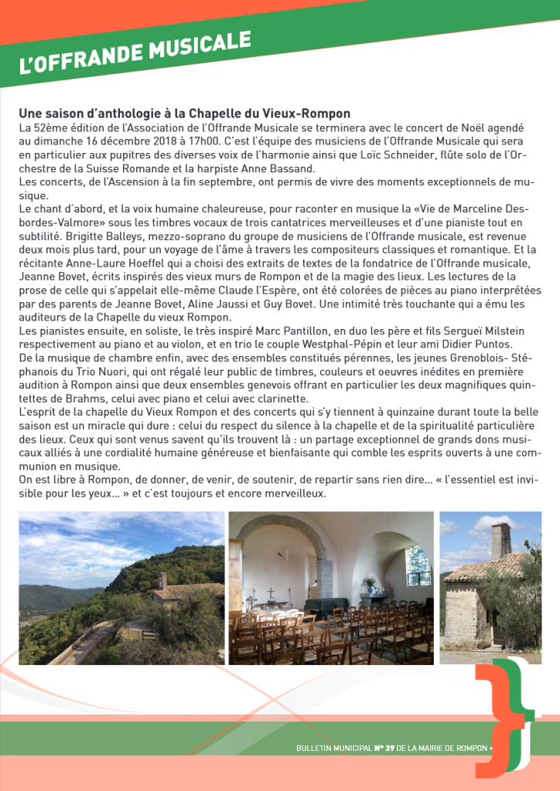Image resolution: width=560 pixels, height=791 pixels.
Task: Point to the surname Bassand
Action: tap(293, 168)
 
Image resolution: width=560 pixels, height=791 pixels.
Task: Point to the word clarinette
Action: tap(278, 399)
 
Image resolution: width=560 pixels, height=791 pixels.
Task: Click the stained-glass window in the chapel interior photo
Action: tap(418, 566)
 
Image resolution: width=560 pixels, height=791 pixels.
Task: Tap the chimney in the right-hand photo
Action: tap(500, 540)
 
